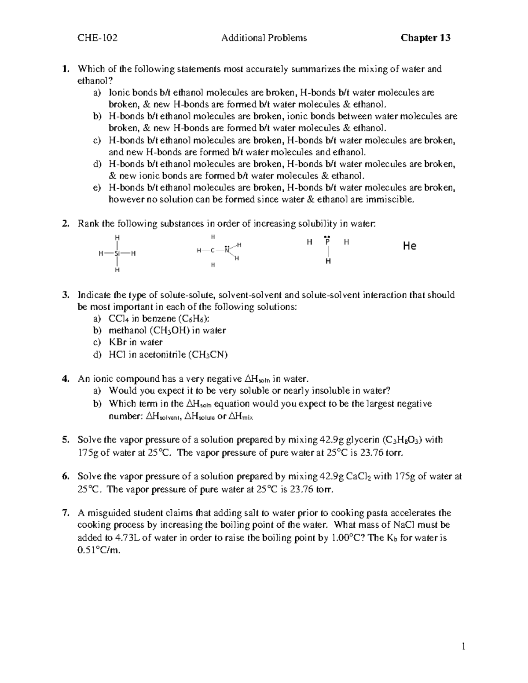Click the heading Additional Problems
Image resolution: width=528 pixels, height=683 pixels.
pos(264,38)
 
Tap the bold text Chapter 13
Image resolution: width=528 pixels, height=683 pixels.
pos(425,38)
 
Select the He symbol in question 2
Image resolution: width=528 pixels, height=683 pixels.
pos(409,246)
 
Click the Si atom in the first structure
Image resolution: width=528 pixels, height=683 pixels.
pos(117,254)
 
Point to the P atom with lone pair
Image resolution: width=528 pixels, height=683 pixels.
pos(327,242)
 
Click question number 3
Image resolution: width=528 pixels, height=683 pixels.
pos(66,295)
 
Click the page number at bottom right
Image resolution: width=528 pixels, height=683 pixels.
pos(463,646)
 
